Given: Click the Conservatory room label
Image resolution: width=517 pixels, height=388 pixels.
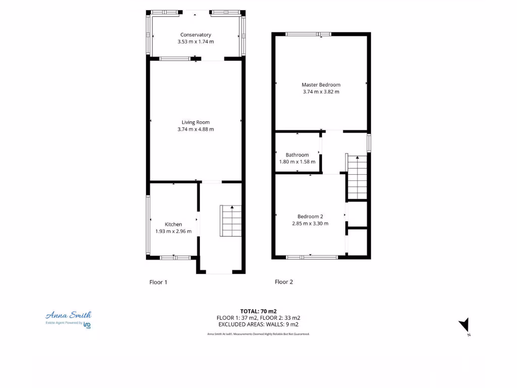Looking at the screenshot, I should click(195, 35).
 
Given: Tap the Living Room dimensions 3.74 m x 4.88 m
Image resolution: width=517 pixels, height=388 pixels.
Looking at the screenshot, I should click(195, 129).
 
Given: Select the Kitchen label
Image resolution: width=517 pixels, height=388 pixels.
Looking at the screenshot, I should click(173, 224).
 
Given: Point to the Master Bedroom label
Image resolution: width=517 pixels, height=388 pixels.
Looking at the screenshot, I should click(321, 85).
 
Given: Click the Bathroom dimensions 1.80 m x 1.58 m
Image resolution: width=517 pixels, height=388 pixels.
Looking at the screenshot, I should click(297, 162).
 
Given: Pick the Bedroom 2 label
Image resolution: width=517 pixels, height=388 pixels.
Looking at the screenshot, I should click(310, 217).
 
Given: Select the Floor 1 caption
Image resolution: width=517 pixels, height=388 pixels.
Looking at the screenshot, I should click(158, 282).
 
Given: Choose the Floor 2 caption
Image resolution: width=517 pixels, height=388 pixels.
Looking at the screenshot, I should click(284, 282).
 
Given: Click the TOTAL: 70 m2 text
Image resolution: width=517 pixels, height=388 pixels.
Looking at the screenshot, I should click(258, 311).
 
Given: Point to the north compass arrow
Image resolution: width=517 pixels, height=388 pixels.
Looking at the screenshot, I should click(465, 325).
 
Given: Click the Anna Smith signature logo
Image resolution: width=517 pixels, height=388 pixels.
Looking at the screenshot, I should click(69, 315).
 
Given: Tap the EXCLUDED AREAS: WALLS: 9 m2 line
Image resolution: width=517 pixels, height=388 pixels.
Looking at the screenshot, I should click(258, 324).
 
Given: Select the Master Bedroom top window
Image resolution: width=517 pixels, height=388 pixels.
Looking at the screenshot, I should click(308, 34).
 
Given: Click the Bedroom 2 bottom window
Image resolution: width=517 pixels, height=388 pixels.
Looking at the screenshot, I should click(311, 257).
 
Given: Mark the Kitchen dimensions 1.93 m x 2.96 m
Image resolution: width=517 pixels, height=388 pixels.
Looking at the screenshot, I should click(173, 231).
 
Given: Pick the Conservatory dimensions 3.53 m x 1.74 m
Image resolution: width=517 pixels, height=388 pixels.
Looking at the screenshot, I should click(195, 42).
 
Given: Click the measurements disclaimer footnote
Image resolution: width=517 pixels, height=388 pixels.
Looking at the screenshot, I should click(258, 334).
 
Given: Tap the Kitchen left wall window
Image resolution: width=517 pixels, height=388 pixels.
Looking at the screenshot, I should click(148, 225).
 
